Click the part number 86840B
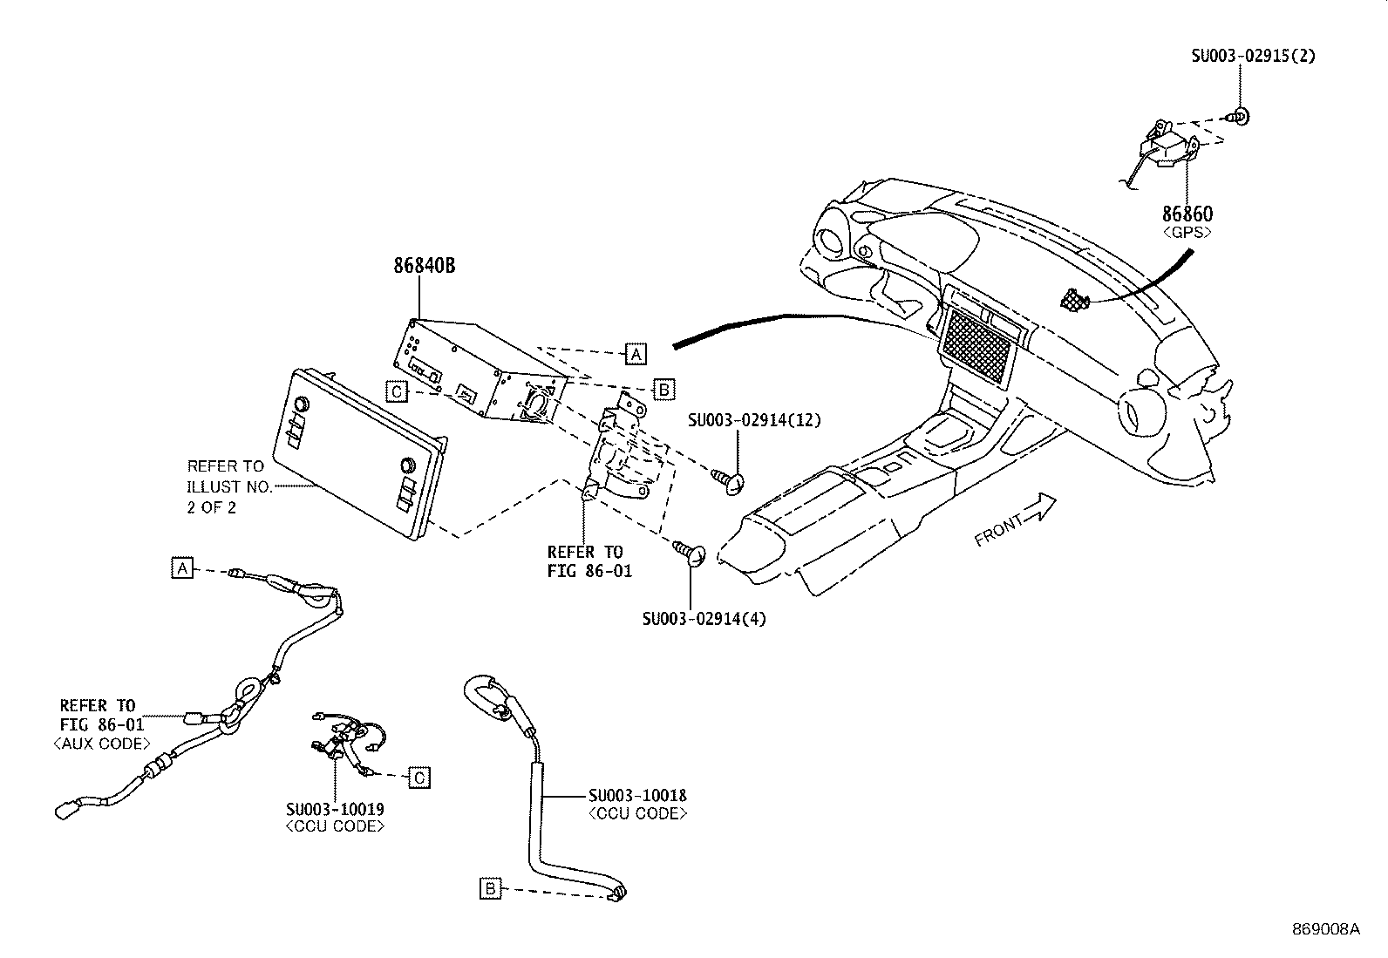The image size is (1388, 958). [x=425, y=266]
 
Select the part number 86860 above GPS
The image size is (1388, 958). [x=1187, y=214]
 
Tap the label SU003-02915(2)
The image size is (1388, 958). [x=1254, y=56]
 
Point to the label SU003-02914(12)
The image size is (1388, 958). [x=754, y=420]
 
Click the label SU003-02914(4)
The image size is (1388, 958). [x=704, y=619]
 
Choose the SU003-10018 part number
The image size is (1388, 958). [x=637, y=796]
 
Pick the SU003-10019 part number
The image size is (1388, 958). [x=335, y=809]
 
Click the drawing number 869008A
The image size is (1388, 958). [x=1326, y=929]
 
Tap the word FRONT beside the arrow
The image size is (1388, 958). [x=998, y=531]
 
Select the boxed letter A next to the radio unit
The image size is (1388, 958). [x=635, y=354]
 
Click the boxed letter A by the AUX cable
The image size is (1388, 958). [x=182, y=567]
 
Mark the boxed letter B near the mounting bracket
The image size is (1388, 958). [x=663, y=390]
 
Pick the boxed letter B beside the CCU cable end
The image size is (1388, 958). [x=490, y=889]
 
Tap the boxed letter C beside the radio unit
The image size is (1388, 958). [x=398, y=391]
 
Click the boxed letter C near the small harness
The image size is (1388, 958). [x=419, y=778]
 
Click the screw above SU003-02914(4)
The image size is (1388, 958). [x=690, y=554]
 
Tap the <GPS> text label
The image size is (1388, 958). [x=1187, y=233]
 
